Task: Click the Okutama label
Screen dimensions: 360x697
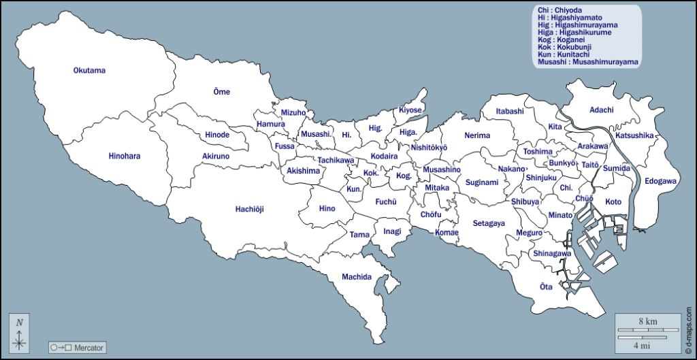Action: [90, 70]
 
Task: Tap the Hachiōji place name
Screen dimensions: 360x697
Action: [254, 209]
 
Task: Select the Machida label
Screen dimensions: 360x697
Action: [357, 277]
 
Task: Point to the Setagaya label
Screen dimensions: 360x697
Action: [489, 223]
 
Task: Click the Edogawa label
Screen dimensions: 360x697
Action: [660, 181]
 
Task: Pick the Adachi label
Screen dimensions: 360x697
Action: [601, 110]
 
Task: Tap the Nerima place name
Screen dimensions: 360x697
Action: [477, 135]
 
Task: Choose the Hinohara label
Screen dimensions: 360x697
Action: [124, 157]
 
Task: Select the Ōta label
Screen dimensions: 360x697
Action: [546, 287]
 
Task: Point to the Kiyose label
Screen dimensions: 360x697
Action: [410, 110]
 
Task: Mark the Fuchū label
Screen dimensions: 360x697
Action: [385, 201]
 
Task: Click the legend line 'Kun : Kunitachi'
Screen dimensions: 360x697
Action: [564, 54]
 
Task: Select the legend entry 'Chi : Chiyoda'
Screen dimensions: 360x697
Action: [562, 10]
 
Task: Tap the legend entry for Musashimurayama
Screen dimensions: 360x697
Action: [587, 62]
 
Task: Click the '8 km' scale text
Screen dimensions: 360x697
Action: [647, 320]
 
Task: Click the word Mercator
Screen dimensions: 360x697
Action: [89, 348]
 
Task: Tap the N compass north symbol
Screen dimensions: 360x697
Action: [20, 323]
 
